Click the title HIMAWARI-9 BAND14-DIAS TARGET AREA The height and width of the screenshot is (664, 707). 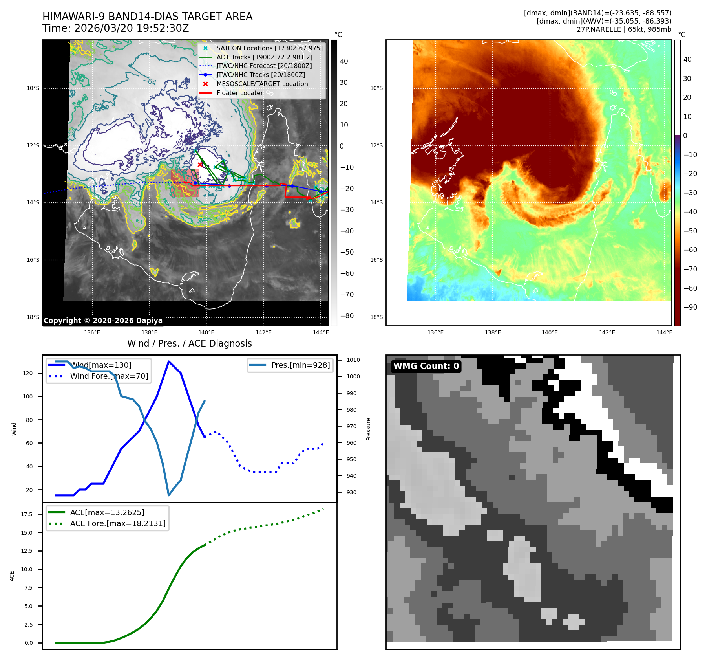(147, 17)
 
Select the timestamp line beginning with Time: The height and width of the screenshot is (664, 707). (116, 29)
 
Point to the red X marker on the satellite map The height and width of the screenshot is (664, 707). (200, 165)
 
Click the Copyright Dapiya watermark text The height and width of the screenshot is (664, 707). (103, 321)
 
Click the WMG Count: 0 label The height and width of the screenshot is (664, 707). (426, 366)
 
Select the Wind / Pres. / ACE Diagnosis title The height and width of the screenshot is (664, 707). (190, 343)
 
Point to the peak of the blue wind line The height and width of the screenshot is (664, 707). (169, 361)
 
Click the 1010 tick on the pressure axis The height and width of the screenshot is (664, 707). (353, 360)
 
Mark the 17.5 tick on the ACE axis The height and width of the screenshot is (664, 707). (27, 514)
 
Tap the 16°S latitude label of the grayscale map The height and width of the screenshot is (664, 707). (33, 260)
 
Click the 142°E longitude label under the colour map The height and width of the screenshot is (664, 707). (607, 332)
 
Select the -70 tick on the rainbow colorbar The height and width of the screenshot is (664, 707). (690, 269)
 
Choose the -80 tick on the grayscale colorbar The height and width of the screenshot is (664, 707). (347, 316)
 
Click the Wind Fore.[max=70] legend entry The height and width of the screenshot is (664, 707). (109, 376)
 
